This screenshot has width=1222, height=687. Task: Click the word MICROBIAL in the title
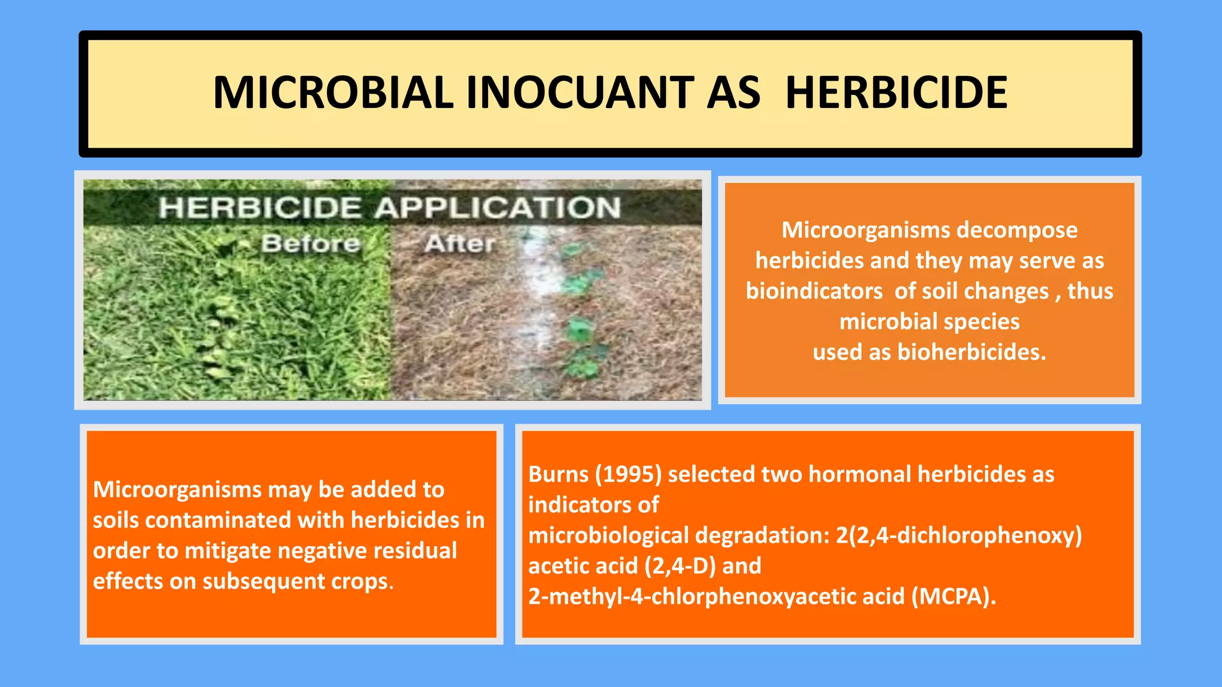click(x=332, y=93)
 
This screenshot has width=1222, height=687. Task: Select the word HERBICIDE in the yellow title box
click(x=896, y=93)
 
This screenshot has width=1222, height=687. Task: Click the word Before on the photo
click(x=310, y=243)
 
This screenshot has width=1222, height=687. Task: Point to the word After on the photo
click(x=460, y=243)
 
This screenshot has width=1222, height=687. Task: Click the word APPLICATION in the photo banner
click(x=498, y=208)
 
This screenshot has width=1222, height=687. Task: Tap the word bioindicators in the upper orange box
click(x=814, y=291)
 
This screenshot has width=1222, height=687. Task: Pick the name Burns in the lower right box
click(x=558, y=474)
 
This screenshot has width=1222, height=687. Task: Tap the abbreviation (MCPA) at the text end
click(x=953, y=596)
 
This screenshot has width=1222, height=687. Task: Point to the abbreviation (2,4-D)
click(x=680, y=566)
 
